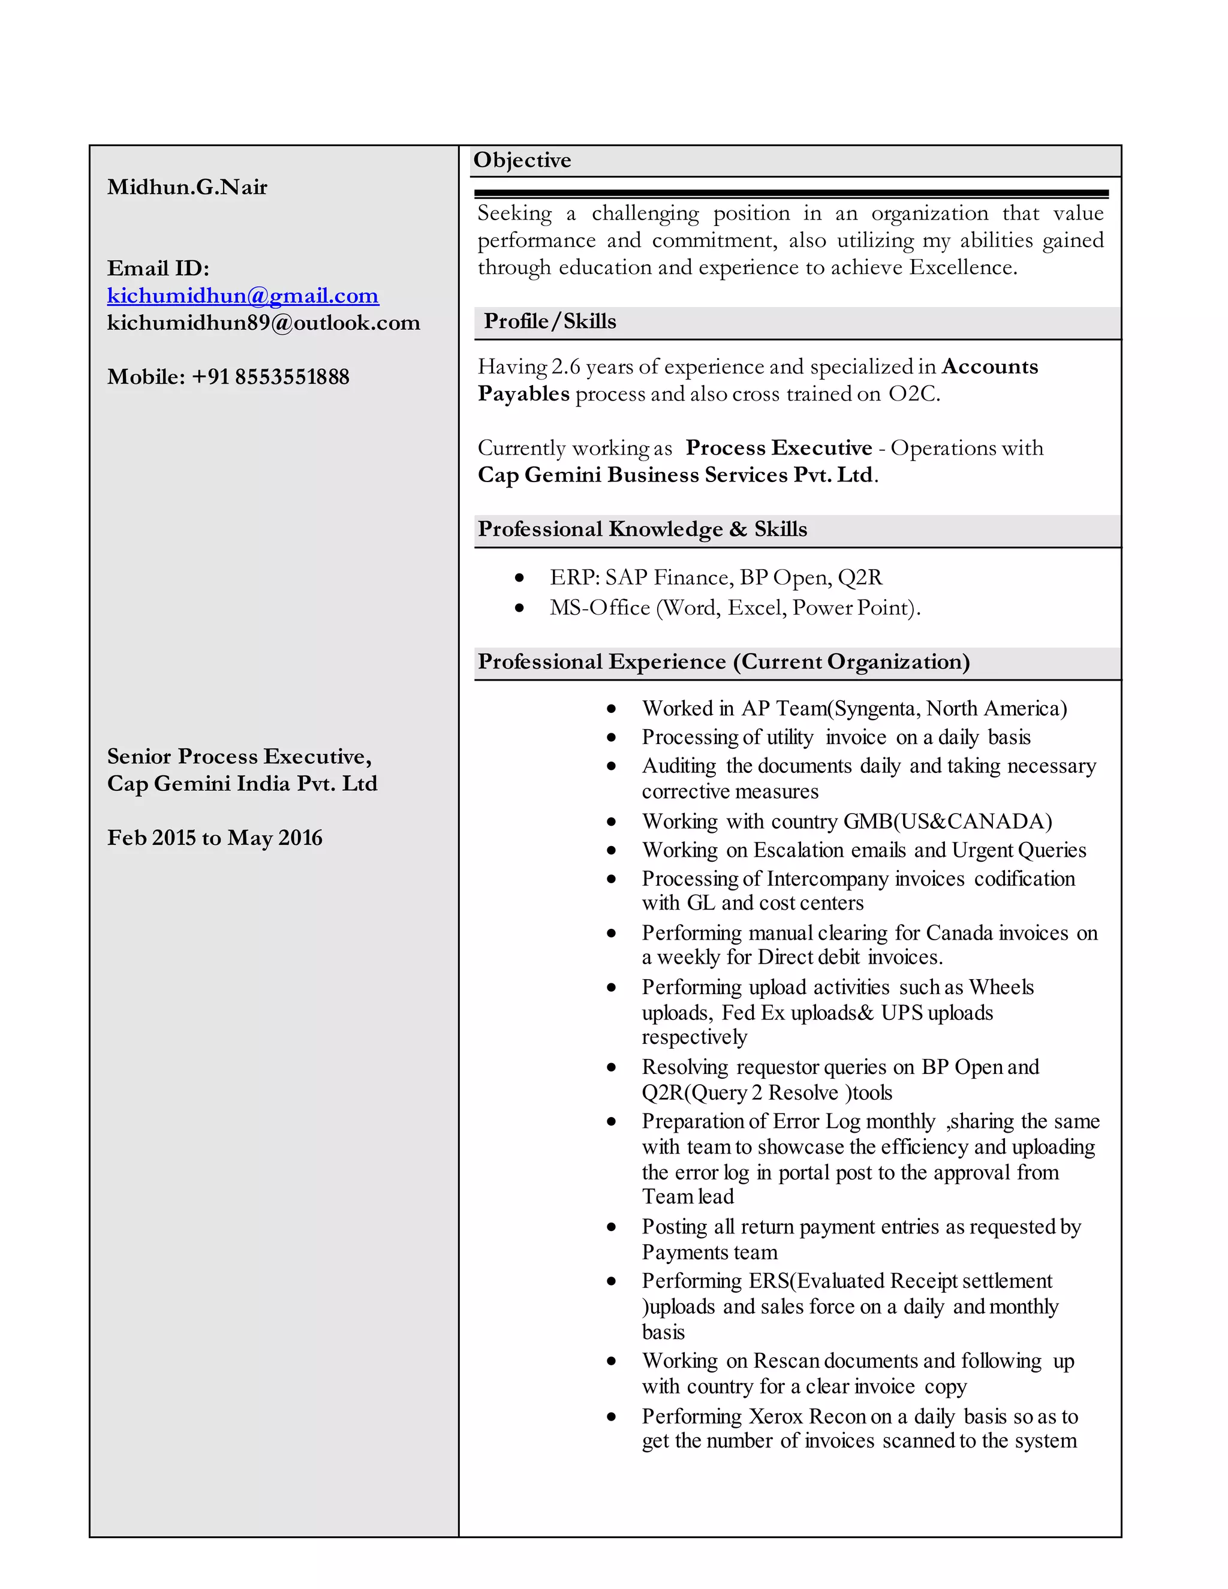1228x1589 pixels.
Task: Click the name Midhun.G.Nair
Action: (x=187, y=187)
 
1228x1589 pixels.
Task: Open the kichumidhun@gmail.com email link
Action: (x=242, y=296)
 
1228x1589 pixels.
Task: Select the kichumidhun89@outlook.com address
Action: (x=263, y=323)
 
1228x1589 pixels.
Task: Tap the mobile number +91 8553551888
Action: (x=270, y=377)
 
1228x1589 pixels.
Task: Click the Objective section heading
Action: (x=522, y=160)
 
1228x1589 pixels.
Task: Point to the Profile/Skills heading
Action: (x=549, y=321)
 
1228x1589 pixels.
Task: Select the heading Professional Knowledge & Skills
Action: (x=642, y=529)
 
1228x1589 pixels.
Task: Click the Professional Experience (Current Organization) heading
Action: (x=723, y=661)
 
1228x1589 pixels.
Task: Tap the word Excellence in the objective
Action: (x=962, y=268)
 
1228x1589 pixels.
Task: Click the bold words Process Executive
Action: (x=778, y=447)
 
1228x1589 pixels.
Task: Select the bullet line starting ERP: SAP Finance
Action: (x=716, y=577)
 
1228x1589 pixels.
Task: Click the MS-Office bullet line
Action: (x=735, y=607)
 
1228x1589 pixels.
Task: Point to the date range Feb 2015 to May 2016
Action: (x=215, y=838)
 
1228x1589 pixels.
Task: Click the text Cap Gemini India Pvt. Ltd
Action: (x=242, y=784)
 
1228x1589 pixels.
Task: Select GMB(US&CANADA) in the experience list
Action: (x=947, y=821)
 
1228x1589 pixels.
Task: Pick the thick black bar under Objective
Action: (x=791, y=194)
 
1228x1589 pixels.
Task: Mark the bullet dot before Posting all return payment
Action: (x=611, y=1227)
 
